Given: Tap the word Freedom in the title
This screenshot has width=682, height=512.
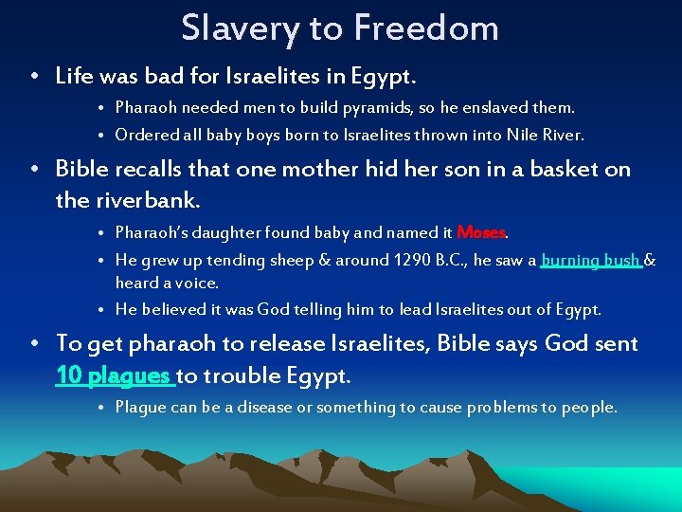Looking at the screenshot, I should coord(426,27).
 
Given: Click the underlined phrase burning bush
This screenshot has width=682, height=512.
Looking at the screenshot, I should coord(591,260).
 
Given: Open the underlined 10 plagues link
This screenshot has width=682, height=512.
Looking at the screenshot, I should coord(115,375).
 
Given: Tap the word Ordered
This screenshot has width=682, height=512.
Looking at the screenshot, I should coord(143,135).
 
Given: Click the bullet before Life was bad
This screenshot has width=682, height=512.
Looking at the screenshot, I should coord(34,75).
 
